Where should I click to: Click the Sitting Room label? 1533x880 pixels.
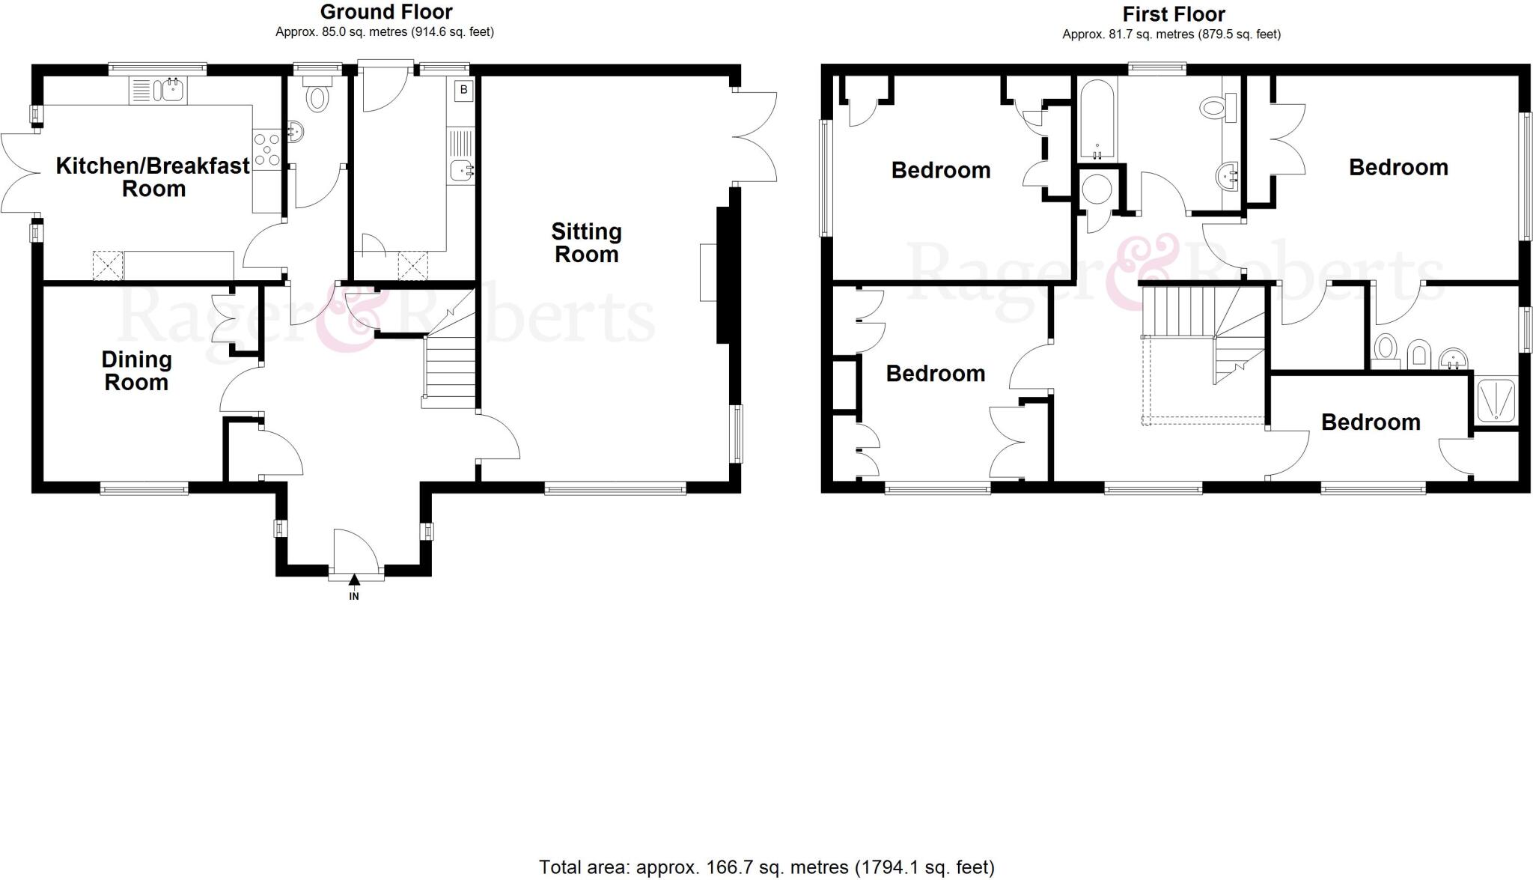[586, 243]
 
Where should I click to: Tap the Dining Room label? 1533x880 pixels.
[136, 371]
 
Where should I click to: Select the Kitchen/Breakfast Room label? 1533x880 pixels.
[153, 177]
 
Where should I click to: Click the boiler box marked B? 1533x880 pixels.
[464, 90]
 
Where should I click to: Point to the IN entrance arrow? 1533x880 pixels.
[354, 586]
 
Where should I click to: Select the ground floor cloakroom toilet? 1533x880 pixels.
[317, 96]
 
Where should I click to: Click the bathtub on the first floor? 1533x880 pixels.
[1097, 120]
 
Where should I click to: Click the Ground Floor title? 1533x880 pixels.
[386, 12]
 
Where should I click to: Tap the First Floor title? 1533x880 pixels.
[1173, 14]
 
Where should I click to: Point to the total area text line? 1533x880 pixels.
[766, 867]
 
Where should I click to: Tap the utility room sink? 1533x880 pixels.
[462, 172]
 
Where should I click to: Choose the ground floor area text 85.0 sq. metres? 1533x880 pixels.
[385, 32]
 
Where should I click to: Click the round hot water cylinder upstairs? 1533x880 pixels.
[1097, 189]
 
